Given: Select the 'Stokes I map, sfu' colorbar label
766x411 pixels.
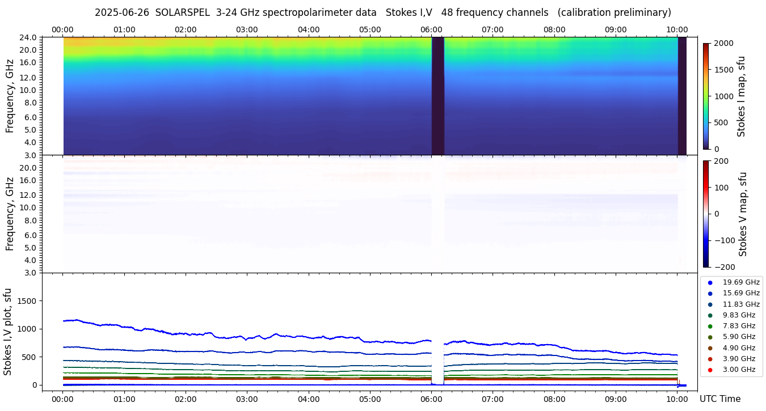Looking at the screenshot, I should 742,96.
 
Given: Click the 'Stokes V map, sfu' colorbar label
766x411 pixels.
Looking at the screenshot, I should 743,214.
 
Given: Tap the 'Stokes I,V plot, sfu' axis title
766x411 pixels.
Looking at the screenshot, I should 8,332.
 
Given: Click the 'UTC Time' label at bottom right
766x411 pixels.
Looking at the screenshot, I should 720,399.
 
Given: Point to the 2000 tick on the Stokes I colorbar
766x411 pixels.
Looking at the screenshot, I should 723,43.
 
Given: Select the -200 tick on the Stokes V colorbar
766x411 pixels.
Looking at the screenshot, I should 725,267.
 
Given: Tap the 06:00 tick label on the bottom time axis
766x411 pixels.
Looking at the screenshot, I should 431,399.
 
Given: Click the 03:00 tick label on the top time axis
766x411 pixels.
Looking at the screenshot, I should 247,29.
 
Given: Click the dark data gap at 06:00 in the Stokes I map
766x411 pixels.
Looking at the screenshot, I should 437,96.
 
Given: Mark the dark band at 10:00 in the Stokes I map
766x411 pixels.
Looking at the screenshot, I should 682,96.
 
